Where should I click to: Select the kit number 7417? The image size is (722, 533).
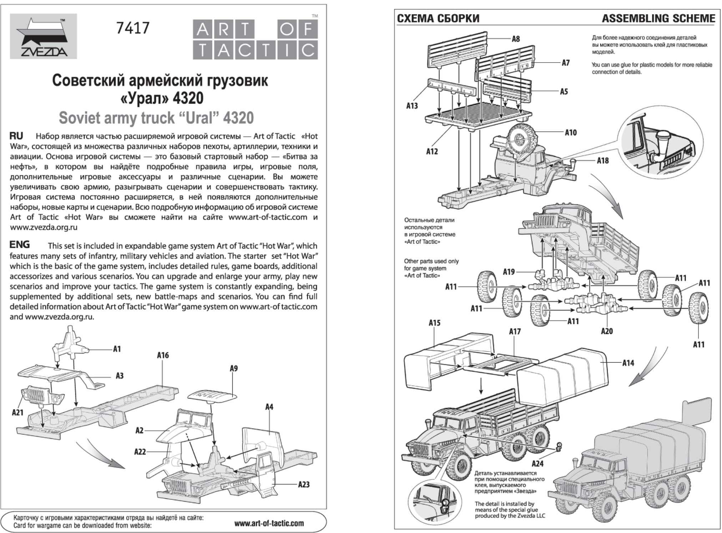point(133,28)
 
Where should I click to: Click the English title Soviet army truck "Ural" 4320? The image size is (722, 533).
point(156,118)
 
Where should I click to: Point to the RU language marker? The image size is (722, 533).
point(16,136)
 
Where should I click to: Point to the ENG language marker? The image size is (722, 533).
point(20,245)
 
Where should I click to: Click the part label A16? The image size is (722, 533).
point(163,355)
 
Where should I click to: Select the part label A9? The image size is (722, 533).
point(233,368)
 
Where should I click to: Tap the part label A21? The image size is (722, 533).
point(17,413)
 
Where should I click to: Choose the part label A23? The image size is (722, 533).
point(304,484)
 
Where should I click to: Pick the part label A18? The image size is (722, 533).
point(603,161)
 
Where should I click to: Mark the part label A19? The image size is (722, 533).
point(509,272)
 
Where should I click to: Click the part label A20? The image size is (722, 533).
point(607,331)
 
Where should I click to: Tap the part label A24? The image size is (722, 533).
point(537,464)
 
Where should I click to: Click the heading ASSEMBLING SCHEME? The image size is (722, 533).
point(658,19)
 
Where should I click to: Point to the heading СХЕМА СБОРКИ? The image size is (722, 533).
point(438,19)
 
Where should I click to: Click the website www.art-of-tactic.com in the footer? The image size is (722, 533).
point(269,523)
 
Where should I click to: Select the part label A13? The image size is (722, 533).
point(412,106)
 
